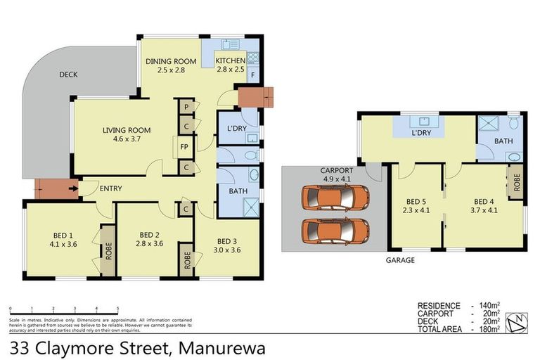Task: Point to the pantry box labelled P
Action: (186, 106)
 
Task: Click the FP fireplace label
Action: (184, 147)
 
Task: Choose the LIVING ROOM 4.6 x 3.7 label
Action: (127, 130)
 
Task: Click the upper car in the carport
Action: (335, 199)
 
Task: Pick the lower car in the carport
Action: (335, 229)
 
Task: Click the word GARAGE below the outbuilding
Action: (399, 259)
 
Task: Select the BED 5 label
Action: (416, 200)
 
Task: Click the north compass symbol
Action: (518, 322)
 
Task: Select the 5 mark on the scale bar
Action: (117, 309)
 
